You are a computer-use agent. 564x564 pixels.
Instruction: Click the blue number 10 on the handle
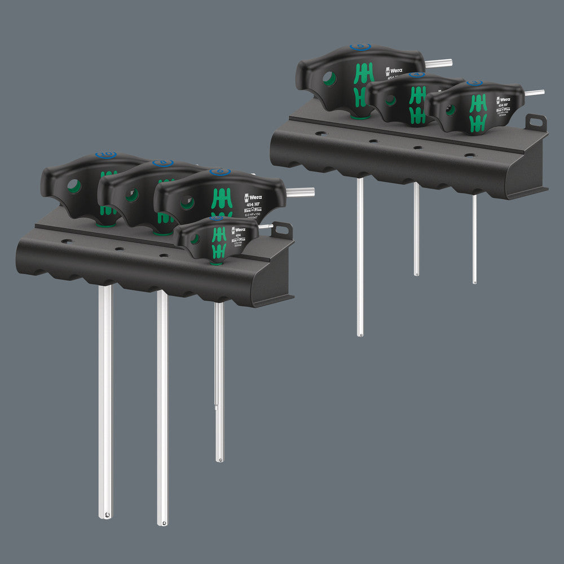pos(105,155)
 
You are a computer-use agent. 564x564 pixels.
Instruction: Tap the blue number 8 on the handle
pos(162,162)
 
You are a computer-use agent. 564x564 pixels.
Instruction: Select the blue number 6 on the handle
pos(219,171)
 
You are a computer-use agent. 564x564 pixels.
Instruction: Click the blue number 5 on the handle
pos(359,47)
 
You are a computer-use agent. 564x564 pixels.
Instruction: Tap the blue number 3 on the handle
pos(474,83)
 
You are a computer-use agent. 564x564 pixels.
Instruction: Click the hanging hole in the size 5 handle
pos(330,78)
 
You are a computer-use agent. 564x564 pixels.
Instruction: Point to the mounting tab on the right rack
pos(536,122)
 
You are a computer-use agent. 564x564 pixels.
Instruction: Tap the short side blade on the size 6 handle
pos(300,192)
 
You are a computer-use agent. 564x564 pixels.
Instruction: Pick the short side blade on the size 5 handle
pos(439,63)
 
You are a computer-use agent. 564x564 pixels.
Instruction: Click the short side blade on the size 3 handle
pos(534,92)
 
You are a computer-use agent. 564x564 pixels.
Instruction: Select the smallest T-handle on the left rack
pos(217,237)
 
